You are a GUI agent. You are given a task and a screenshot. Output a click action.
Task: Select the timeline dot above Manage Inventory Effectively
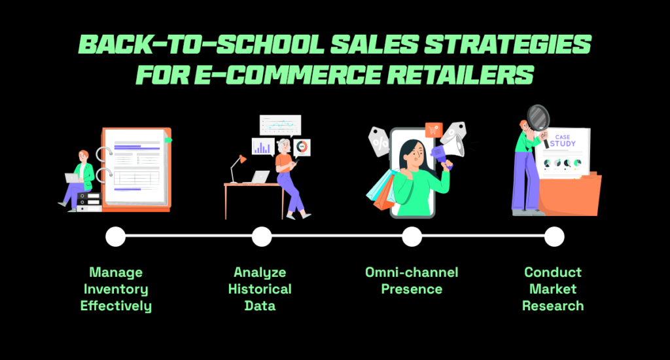point(115,236)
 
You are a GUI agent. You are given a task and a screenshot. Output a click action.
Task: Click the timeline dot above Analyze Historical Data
point(261,236)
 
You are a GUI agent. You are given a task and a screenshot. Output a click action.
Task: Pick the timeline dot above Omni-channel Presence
point(412,236)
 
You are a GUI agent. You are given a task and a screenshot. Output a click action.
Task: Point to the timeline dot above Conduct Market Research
point(554,236)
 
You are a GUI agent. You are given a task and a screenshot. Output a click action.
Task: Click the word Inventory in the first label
point(116,289)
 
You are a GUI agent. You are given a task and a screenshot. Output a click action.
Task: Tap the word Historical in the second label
point(260,289)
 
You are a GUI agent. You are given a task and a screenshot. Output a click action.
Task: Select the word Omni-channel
point(412,272)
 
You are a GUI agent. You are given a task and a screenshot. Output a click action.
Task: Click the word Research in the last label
point(553,305)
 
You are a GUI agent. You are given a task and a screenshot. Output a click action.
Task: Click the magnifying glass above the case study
point(538,118)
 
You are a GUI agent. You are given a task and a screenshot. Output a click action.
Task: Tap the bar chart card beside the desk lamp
point(263,147)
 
